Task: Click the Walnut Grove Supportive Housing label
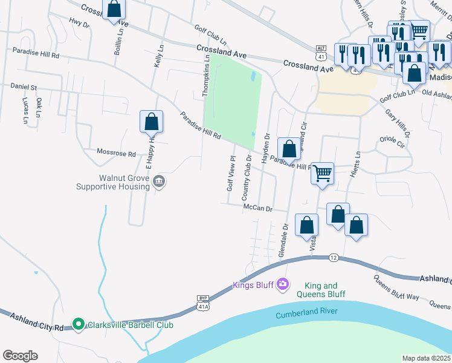point(112,182)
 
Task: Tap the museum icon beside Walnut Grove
point(159,181)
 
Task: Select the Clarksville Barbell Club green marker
point(78,325)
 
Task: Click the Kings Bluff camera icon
point(283,284)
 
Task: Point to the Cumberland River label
point(306,315)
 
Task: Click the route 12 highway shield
point(334,258)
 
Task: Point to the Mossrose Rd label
point(117,154)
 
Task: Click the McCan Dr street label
point(259,208)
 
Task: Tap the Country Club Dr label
point(247,177)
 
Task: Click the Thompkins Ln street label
point(207,75)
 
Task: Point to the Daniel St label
point(24,88)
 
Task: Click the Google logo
point(20,356)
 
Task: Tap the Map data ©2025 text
point(425,358)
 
